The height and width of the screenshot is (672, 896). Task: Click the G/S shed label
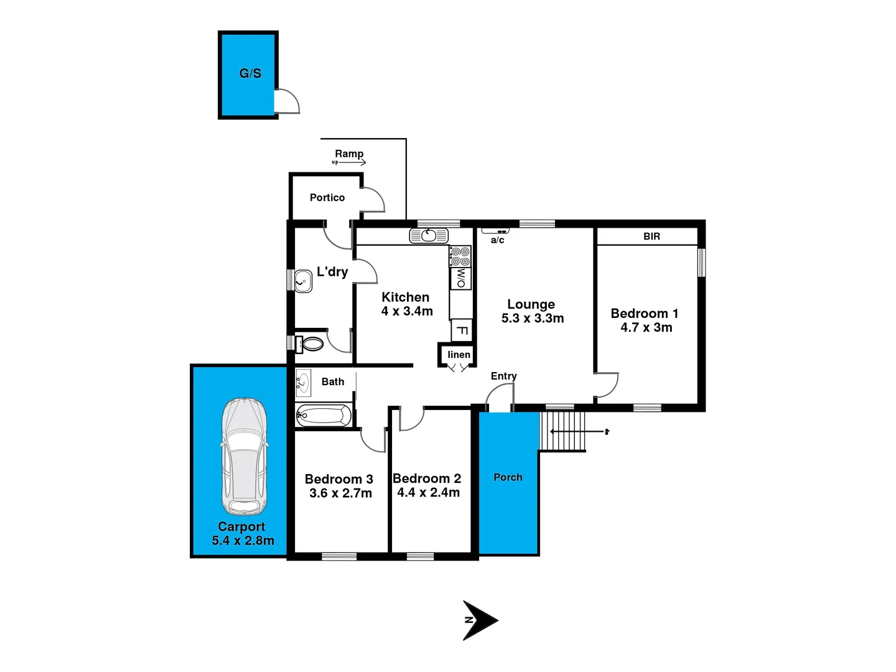(250, 73)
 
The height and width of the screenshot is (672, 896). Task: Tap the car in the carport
(245, 456)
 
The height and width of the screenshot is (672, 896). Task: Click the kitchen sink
(429, 236)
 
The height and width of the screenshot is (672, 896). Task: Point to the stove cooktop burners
(460, 256)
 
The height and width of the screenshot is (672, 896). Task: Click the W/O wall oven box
(461, 278)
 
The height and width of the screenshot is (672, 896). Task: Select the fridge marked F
(462, 330)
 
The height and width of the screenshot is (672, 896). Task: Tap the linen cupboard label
(459, 355)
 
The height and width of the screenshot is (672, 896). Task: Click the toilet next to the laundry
(311, 343)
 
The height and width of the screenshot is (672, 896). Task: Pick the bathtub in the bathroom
(324, 415)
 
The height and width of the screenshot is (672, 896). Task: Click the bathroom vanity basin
(303, 383)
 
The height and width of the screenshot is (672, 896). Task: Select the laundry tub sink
(303, 281)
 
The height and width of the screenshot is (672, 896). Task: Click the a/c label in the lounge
(497, 240)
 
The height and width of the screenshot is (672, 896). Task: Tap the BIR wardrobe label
(651, 236)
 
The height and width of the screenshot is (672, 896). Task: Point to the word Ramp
(349, 154)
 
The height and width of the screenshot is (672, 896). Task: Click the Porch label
(508, 477)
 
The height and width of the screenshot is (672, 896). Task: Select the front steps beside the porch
(562, 431)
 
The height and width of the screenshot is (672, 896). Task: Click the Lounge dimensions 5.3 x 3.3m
(533, 319)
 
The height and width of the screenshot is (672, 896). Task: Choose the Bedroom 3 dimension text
(340, 493)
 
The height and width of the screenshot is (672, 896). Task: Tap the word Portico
(327, 198)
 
